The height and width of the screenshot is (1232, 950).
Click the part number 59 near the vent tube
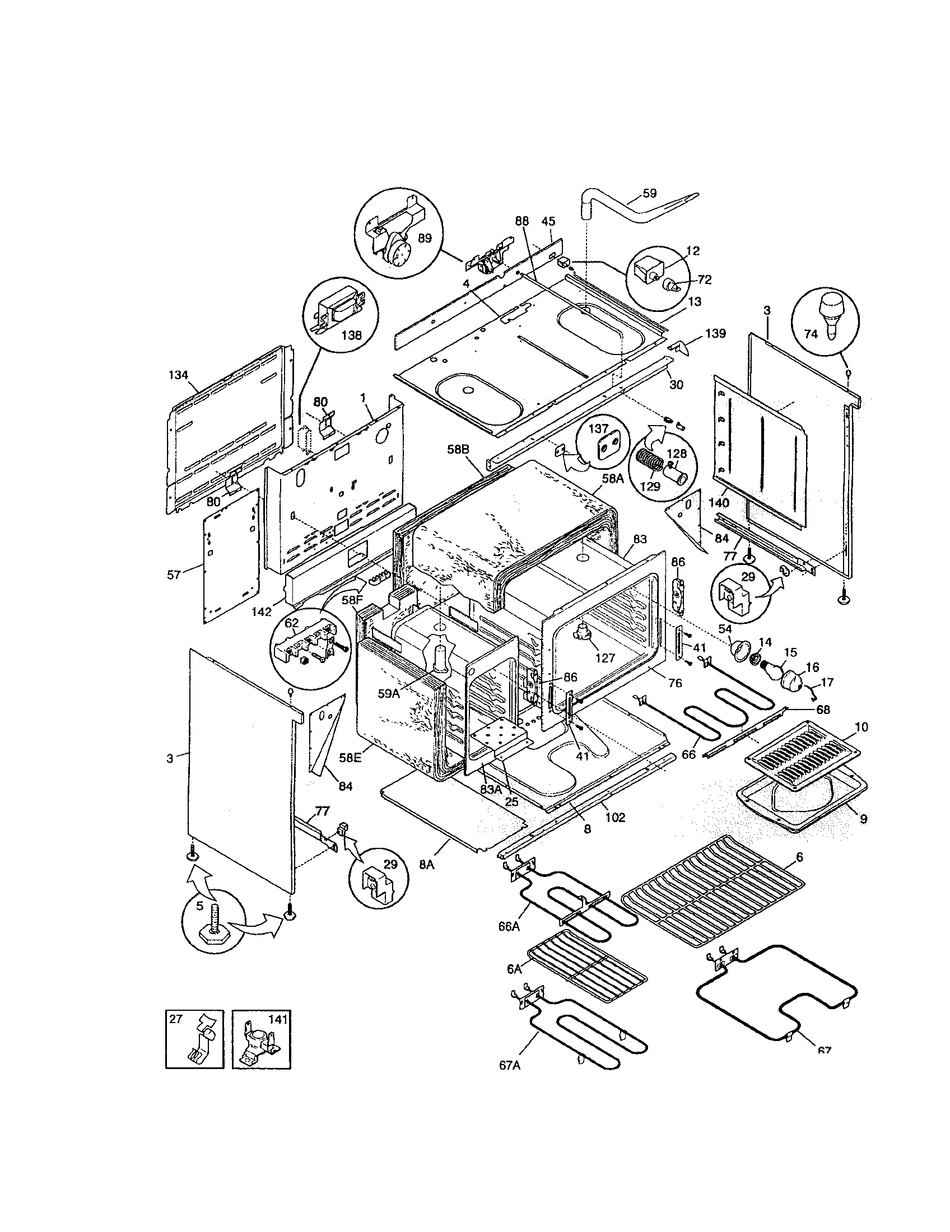click(x=649, y=193)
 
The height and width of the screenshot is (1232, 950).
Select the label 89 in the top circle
click(x=425, y=238)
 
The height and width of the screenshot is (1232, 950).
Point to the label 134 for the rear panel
click(x=178, y=375)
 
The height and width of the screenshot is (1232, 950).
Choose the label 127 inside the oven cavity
click(x=605, y=658)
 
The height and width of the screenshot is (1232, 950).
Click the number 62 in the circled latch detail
click(x=291, y=624)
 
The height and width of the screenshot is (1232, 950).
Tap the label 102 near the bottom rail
click(x=615, y=818)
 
